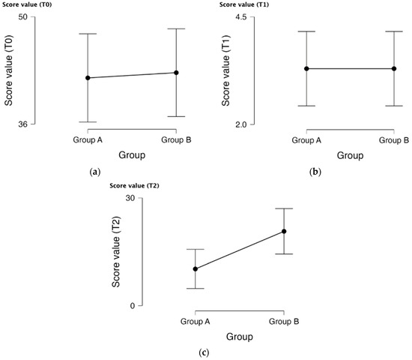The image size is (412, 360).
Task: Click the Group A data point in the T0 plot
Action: coord(88,78)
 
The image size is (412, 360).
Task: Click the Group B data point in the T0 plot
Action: coord(176,73)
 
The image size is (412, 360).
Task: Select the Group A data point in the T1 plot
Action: coord(306,69)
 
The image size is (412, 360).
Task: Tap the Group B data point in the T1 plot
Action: coord(394,69)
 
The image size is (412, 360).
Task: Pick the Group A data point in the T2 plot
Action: coord(196,269)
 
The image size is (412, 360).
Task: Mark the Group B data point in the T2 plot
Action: coord(284,231)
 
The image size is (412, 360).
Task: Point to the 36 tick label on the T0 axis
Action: coord(22,124)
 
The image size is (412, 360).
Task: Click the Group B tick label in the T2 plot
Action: coord(284,322)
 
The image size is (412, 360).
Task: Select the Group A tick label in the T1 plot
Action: coord(306,140)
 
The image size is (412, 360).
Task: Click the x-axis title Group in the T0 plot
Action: coord(132,155)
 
